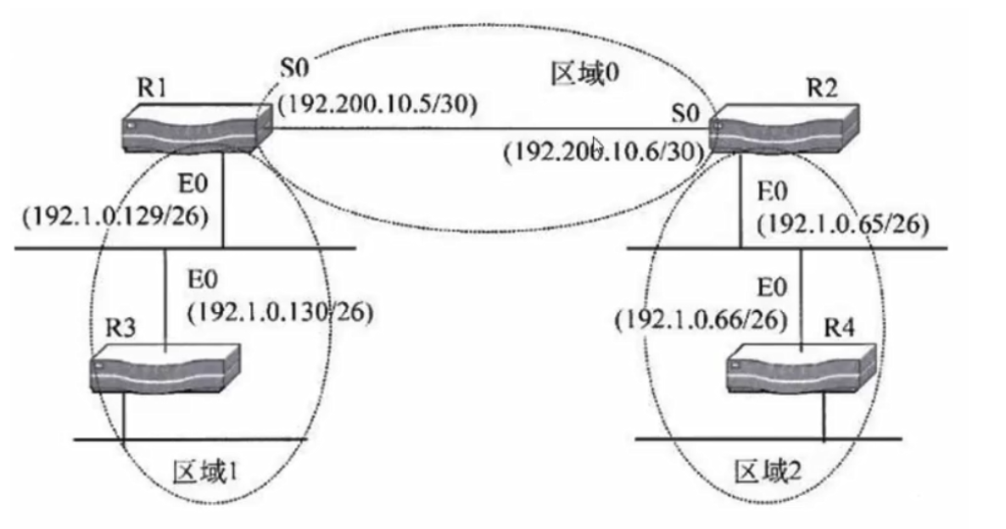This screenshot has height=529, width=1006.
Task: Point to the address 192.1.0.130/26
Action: point(280,312)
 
